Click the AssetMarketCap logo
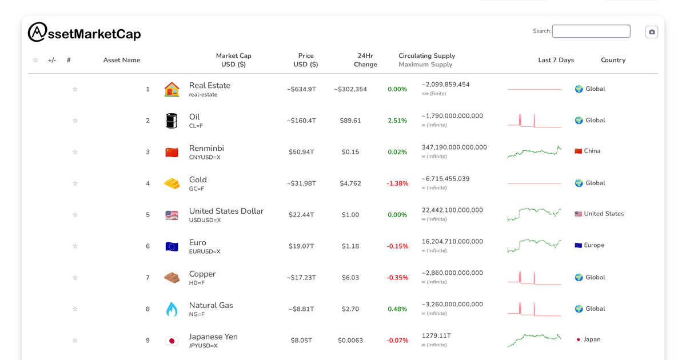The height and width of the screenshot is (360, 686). click(x=84, y=33)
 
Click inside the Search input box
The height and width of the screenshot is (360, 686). click(x=591, y=31)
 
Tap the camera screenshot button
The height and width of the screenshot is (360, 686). click(x=652, y=32)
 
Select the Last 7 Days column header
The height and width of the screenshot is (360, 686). click(x=556, y=60)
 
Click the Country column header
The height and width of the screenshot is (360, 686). click(x=613, y=60)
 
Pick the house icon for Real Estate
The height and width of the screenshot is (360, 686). click(x=171, y=89)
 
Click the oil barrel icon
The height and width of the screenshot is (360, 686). click(x=171, y=121)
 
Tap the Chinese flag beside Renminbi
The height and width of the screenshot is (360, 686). click(x=171, y=153)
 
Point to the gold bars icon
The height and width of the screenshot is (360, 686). click(x=171, y=183)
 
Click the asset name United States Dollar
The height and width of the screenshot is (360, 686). click(x=226, y=211)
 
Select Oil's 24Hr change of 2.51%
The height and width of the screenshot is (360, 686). click(x=397, y=121)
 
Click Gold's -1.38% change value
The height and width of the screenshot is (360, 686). click(x=397, y=183)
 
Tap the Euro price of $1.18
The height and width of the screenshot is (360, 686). click(x=350, y=246)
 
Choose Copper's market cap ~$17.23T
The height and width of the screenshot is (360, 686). click(x=301, y=278)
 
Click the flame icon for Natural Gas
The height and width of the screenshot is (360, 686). click(x=171, y=309)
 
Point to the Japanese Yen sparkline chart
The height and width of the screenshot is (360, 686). click(x=534, y=341)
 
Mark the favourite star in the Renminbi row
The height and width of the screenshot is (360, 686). click(x=75, y=152)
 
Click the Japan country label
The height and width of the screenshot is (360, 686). click(x=592, y=339)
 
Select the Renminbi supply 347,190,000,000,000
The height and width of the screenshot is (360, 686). click(x=454, y=147)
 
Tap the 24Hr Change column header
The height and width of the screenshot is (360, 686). click(x=365, y=60)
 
